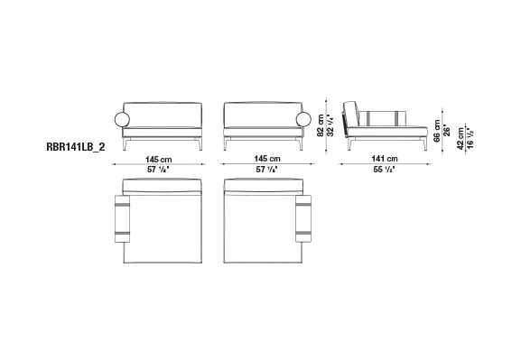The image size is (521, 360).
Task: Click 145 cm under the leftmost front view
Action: coord(160,159)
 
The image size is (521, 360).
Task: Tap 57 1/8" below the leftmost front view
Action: coord(160,169)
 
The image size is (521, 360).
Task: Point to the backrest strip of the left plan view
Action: coord(161,185)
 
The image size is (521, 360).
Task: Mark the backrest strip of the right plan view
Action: coord(261,185)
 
